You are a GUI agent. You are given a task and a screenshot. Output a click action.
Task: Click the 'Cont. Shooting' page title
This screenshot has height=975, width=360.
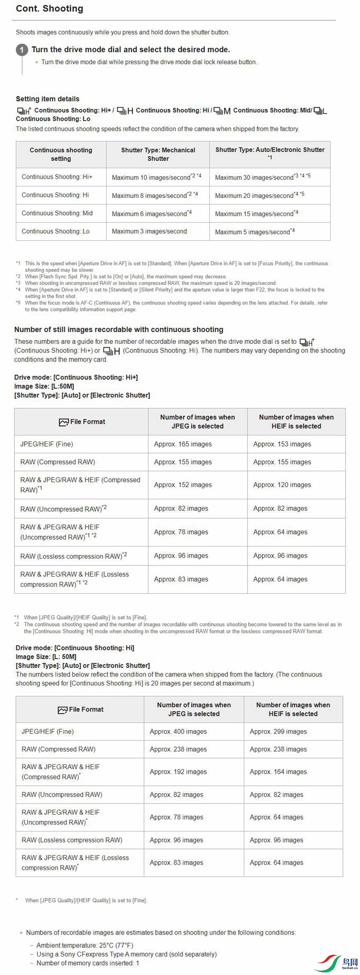49,9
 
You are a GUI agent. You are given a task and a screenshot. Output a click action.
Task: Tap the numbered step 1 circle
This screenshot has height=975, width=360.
22,50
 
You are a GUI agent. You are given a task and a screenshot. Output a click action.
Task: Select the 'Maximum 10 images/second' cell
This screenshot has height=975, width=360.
156,177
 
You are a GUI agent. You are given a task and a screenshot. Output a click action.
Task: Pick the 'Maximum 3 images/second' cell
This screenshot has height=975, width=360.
149,231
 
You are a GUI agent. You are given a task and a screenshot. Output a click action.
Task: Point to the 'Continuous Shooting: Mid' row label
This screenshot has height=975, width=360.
57,213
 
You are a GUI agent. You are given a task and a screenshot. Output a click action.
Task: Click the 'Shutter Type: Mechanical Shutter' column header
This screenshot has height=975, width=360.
158,154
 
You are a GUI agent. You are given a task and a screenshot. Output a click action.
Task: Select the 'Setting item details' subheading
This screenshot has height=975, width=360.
48,99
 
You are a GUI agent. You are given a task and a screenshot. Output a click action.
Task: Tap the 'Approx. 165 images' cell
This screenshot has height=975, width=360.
183,444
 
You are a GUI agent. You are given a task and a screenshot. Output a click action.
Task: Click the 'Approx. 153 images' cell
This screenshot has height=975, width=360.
282,444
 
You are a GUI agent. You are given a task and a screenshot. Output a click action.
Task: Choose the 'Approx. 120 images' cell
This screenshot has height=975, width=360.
282,485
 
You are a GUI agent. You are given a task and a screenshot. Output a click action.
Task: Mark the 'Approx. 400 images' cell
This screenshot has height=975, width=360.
178,731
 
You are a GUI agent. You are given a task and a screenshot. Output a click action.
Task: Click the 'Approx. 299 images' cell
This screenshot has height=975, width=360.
278,731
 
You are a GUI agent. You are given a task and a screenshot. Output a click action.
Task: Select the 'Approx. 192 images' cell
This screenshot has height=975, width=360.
178,772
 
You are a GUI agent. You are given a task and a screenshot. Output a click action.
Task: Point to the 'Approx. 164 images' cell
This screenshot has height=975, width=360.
278,772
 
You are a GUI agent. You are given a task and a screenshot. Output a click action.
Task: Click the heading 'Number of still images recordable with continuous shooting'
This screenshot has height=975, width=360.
119,330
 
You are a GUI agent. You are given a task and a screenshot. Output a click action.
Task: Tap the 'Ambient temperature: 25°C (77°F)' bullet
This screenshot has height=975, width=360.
85,945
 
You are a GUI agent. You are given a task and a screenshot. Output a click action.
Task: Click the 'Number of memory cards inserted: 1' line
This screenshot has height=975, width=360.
88,963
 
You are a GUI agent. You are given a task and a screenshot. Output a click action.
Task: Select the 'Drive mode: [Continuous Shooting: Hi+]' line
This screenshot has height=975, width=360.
76,377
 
